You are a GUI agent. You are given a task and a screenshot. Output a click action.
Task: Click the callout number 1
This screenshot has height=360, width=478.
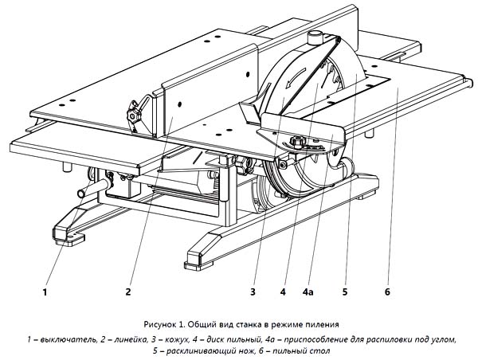[45, 292]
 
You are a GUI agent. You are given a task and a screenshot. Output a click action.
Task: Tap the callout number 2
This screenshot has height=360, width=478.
[128, 292]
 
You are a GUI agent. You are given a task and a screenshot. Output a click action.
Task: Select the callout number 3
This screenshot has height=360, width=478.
[253, 292]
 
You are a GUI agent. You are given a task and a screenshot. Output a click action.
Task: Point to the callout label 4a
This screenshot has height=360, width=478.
[308, 292]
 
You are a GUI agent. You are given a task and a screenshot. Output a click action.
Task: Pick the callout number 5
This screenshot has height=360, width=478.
[345, 292]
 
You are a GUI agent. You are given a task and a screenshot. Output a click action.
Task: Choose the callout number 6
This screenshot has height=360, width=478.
[387, 292]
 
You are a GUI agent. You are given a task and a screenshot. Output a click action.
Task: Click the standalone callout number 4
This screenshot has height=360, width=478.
[283, 292]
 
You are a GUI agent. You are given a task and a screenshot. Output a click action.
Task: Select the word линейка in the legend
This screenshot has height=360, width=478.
[130, 339]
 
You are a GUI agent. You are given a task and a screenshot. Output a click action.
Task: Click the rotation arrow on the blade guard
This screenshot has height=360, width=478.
[296, 77]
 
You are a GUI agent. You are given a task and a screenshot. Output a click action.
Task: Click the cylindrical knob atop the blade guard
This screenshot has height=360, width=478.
[315, 37]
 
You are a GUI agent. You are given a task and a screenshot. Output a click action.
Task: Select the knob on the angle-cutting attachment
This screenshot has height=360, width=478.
[296, 141]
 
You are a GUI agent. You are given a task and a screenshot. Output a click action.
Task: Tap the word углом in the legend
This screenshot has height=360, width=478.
[445, 339]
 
